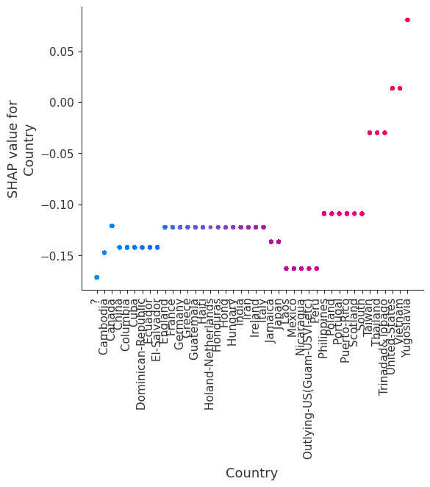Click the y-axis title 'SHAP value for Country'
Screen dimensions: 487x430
21,150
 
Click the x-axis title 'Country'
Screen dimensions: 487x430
251,473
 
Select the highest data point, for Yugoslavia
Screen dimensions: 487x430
407,20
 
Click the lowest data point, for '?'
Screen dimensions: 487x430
96,277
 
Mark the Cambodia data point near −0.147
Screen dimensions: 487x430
104,252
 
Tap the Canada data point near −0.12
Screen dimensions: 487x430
112,226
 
